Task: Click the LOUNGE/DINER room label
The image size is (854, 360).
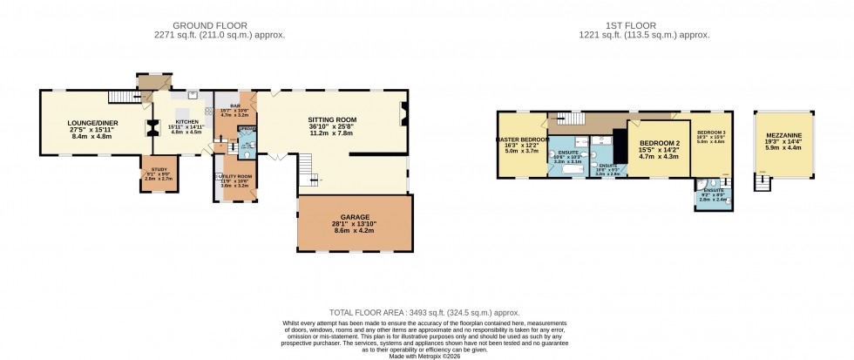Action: click(92, 123)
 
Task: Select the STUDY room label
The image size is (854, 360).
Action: click(160, 170)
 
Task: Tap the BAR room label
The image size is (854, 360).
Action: click(234, 106)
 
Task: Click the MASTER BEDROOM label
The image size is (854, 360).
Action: click(522, 139)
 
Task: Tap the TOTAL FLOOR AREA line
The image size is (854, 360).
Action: click(424, 312)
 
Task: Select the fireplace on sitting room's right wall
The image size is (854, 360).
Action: click(402, 114)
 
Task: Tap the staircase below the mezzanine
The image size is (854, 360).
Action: click(764, 183)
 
